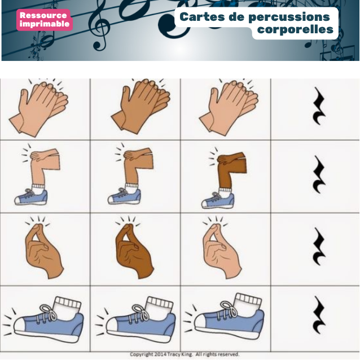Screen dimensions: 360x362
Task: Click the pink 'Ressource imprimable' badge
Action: click(45, 20)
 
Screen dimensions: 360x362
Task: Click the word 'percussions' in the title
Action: click(289, 17)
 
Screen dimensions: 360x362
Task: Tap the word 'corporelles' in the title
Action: click(295, 29)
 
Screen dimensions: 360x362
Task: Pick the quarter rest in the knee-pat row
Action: click(319, 174)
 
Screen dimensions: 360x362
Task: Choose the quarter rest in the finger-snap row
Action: click(319, 246)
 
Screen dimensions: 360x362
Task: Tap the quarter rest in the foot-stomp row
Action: click(319, 315)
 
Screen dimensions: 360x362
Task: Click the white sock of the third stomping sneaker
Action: click(249, 302)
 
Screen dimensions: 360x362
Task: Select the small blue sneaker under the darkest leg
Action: click(218, 200)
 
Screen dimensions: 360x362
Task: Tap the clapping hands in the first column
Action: click(39, 107)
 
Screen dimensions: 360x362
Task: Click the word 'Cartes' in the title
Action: click(202, 17)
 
